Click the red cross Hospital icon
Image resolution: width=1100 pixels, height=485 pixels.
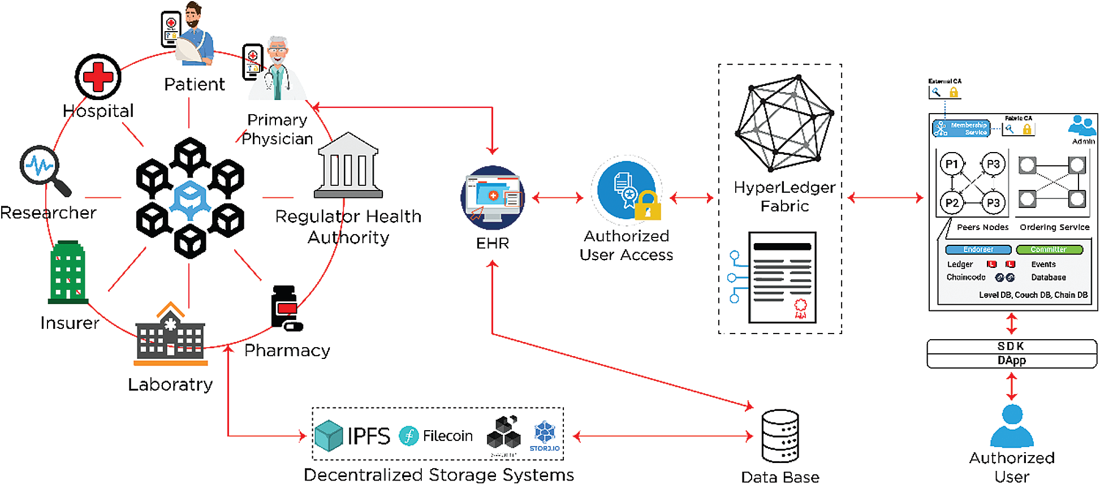click(x=98, y=77)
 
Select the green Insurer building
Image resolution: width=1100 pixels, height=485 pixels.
click(x=68, y=272)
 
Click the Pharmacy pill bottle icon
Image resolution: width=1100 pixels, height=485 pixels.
click(x=286, y=308)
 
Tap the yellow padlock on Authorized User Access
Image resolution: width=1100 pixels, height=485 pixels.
click(x=648, y=206)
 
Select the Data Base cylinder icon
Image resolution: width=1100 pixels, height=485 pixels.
click(x=780, y=436)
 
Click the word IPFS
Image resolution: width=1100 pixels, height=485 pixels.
click(x=369, y=436)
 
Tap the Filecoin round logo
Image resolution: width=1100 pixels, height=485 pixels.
click(x=408, y=436)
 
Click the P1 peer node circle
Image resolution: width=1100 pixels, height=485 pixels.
click(x=952, y=164)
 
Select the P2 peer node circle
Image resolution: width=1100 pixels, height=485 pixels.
click(x=952, y=203)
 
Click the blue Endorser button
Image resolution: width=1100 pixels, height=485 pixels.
click(x=978, y=249)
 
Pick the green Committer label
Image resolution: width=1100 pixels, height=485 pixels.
click(x=1049, y=249)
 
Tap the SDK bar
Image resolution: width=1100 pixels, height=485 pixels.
click(x=1011, y=346)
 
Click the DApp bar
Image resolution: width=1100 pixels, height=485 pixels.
click(x=1011, y=361)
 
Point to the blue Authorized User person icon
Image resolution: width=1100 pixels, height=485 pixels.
click(x=1012, y=427)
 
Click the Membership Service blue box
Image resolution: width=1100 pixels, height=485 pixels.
click(x=961, y=128)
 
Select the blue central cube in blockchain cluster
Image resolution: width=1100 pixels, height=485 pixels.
click(x=190, y=198)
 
